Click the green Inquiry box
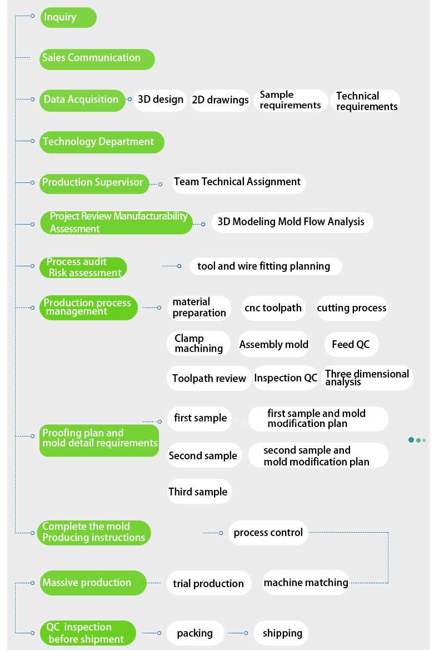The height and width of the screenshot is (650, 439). (x=68, y=17)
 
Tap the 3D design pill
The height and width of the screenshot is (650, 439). (x=161, y=100)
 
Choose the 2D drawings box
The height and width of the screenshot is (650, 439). (x=220, y=100)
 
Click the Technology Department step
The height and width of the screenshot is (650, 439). (x=101, y=142)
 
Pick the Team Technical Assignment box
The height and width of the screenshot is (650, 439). (x=238, y=182)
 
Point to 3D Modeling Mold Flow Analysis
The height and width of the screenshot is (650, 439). (x=292, y=222)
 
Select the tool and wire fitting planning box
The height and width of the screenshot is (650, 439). (x=265, y=266)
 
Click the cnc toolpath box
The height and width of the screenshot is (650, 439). (x=273, y=308)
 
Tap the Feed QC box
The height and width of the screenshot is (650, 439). (x=351, y=345)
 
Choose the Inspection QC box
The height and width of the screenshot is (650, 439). (x=286, y=378)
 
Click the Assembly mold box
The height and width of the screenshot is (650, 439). (x=273, y=345)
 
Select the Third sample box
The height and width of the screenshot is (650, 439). (x=198, y=492)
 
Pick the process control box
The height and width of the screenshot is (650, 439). (x=268, y=533)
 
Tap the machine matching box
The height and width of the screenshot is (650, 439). (x=306, y=583)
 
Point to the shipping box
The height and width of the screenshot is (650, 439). (x=282, y=633)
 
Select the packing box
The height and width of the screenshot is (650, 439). (x=195, y=633)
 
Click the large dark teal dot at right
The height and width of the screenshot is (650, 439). (x=411, y=440)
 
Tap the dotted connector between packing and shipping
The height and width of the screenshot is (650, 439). (x=238, y=633)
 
